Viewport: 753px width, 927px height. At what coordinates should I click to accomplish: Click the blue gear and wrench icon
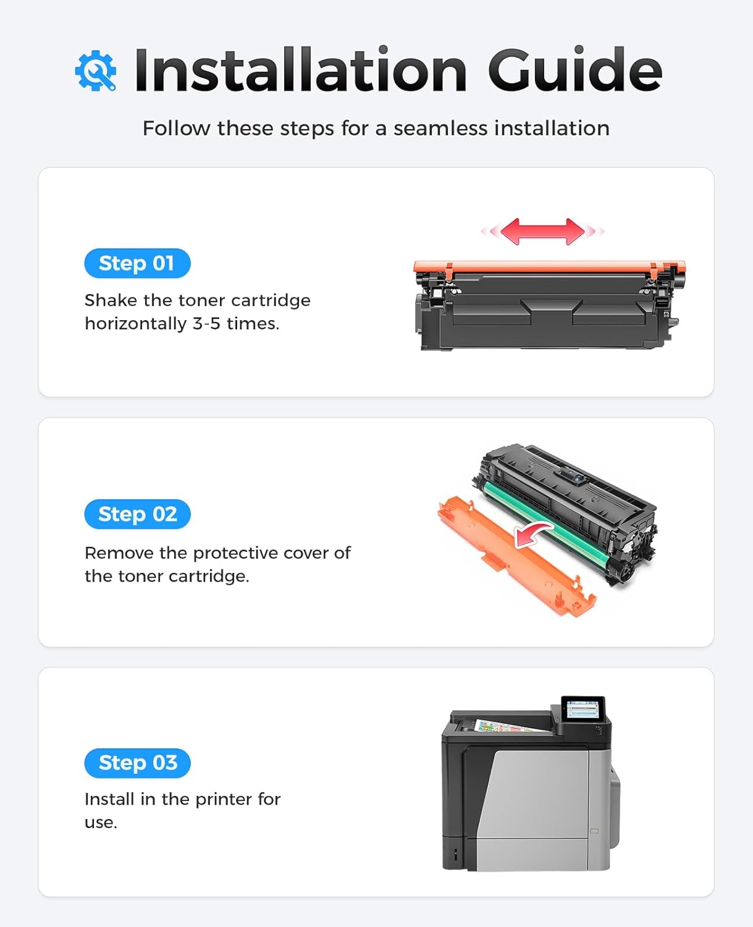[96, 71]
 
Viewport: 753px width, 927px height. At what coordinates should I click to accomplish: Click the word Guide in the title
[574, 70]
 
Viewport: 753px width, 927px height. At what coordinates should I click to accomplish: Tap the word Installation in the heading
[300, 70]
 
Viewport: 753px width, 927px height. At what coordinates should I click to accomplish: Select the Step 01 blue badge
[137, 263]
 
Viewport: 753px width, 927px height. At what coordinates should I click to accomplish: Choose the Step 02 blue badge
[137, 514]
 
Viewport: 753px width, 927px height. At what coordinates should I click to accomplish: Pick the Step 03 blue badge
[137, 763]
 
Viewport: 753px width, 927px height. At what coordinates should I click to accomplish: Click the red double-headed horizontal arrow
[542, 231]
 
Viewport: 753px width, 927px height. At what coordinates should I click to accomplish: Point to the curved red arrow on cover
[533, 533]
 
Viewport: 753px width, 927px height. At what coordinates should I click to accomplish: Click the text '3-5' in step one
[206, 323]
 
